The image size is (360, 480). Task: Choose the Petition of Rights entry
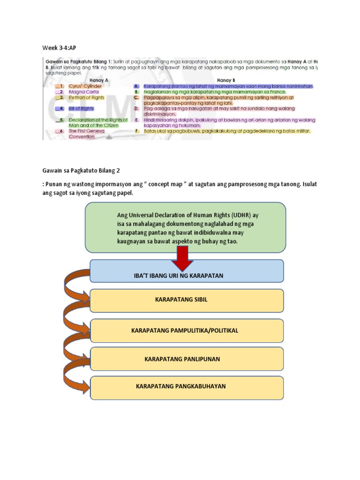(87, 98)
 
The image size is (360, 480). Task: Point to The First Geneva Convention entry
(87, 134)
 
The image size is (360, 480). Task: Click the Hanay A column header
(99, 80)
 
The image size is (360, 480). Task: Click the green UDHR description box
(186, 227)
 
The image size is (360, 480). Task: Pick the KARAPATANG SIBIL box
(187, 300)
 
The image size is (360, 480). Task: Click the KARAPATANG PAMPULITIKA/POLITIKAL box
(187, 330)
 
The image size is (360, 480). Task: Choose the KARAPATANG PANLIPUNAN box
(187, 359)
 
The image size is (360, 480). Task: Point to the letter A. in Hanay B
(136, 86)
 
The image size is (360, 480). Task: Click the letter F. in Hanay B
(136, 131)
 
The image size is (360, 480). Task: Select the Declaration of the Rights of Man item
(97, 123)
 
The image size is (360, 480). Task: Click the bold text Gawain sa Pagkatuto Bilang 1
(82, 61)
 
